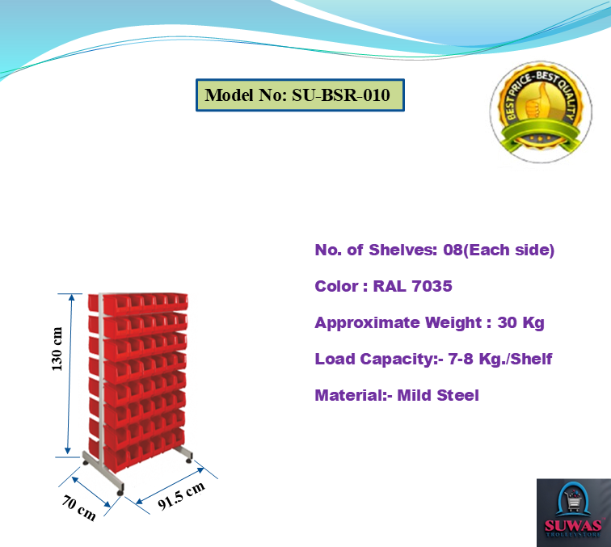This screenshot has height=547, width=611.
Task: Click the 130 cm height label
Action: tap(57, 350)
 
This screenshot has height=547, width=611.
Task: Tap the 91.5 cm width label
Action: tap(181, 495)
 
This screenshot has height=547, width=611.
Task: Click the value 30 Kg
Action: tap(521, 323)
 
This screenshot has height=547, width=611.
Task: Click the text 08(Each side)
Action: tap(499, 250)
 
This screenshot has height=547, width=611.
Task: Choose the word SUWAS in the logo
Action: tap(573, 523)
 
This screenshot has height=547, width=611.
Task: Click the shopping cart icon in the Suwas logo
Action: tap(573, 502)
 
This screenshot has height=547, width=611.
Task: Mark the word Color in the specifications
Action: tap(335, 287)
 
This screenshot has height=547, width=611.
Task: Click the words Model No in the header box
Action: tap(242, 95)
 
